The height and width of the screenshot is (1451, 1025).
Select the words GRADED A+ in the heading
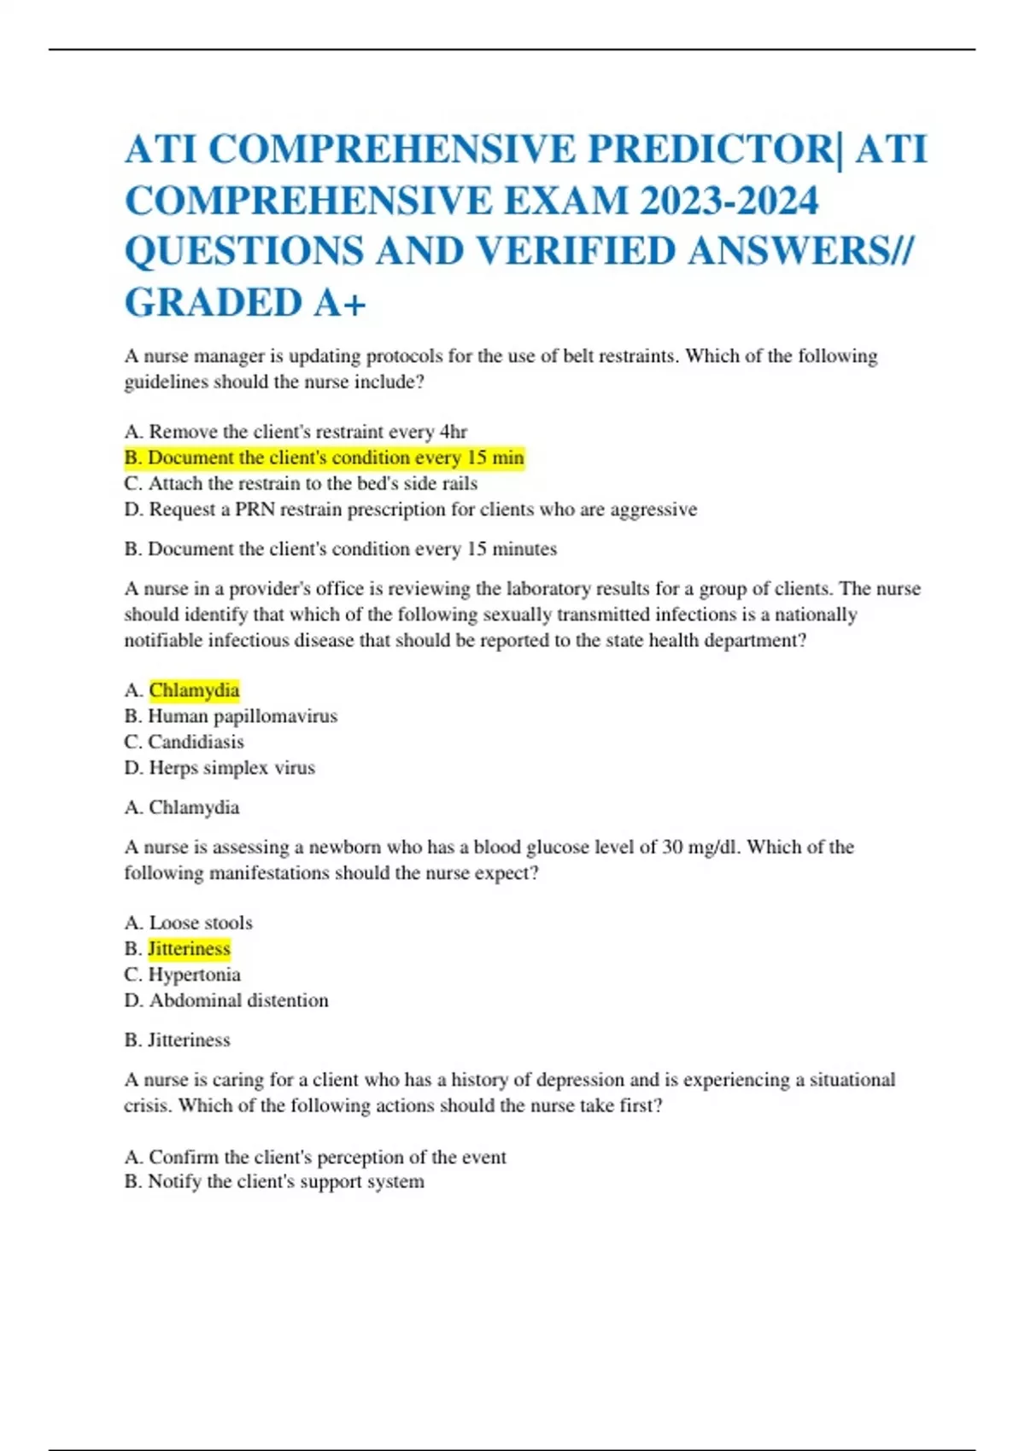[245, 303]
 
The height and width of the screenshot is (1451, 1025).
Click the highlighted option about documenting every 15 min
[325, 457]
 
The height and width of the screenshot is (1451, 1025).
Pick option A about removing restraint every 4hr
[296, 432]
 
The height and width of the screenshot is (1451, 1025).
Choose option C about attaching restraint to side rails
[301, 483]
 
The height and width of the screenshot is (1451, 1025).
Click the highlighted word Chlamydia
[194, 690]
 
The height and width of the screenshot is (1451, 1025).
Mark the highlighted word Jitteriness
[189, 948]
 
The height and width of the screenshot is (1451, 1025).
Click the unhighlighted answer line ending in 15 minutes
[340, 549]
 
